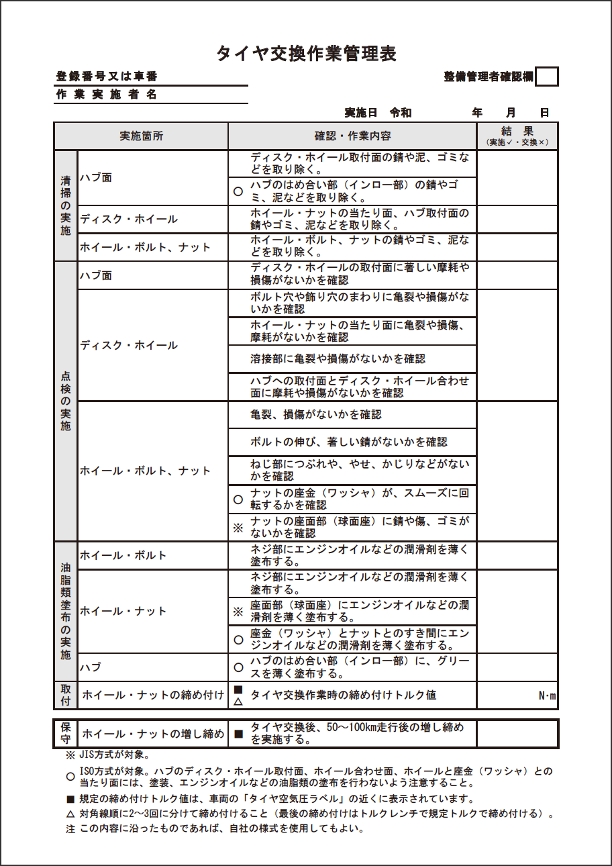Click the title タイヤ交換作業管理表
coord(306,54)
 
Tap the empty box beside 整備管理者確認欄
coord(548,77)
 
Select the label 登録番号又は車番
coord(107,77)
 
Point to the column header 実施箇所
coord(141,136)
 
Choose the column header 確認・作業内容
coord(352,136)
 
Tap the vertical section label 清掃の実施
coord(66,205)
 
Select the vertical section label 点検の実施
coord(66,401)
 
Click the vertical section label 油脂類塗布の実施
coord(66,611)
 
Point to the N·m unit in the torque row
coord(548,695)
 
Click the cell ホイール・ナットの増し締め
coord(152,734)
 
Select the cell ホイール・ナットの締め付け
coord(152,695)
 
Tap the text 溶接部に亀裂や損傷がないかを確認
coord(338,359)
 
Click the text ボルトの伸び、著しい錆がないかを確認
coord(348,442)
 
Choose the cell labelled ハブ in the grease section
coord(91,667)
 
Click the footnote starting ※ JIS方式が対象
coord(107,755)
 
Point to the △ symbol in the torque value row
coord(237,702)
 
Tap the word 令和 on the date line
coord(401,113)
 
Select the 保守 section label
coord(66,734)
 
